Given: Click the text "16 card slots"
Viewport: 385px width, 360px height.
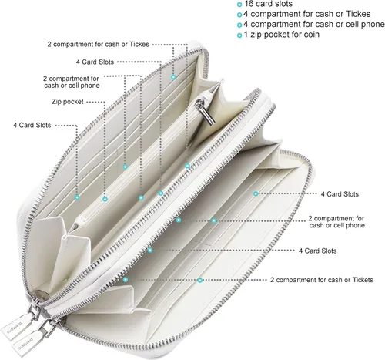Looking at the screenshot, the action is click(x=268, y=4).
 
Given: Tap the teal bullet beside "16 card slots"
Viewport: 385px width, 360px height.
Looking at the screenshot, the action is click(x=239, y=5).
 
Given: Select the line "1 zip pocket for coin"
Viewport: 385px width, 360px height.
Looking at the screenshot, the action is click(x=282, y=35).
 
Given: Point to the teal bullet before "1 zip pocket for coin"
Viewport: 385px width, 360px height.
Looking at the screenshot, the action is click(x=239, y=35).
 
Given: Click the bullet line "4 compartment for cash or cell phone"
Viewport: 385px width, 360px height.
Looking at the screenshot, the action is click(x=314, y=24).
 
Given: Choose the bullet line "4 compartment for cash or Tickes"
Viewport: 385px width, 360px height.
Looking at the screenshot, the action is click(x=306, y=14).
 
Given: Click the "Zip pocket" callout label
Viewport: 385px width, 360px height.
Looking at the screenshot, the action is click(x=68, y=102).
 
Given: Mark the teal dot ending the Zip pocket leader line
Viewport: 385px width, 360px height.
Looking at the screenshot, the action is click(x=105, y=199).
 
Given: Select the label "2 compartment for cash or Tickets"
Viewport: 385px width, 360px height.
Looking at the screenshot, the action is click(x=321, y=280).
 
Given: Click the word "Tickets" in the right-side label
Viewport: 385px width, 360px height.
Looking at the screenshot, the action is click(x=363, y=280).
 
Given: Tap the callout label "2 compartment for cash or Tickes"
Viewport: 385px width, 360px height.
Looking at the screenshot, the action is click(x=98, y=44).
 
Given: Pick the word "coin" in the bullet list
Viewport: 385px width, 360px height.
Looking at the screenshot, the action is click(x=311, y=35).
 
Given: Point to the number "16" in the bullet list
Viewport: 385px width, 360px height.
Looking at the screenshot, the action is click(x=249, y=4).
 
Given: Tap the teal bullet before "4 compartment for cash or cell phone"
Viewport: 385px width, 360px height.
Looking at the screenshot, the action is click(x=239, y=25).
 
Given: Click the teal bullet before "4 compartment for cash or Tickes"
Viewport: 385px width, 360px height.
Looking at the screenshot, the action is click(x=239, y=15).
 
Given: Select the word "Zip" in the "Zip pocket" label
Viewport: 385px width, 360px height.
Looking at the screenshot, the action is click(x=56, y=102).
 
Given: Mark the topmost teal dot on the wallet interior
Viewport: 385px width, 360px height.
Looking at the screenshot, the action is click(x=173, y=77).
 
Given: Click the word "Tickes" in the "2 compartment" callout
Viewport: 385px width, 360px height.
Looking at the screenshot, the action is click(x=139, y=44).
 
